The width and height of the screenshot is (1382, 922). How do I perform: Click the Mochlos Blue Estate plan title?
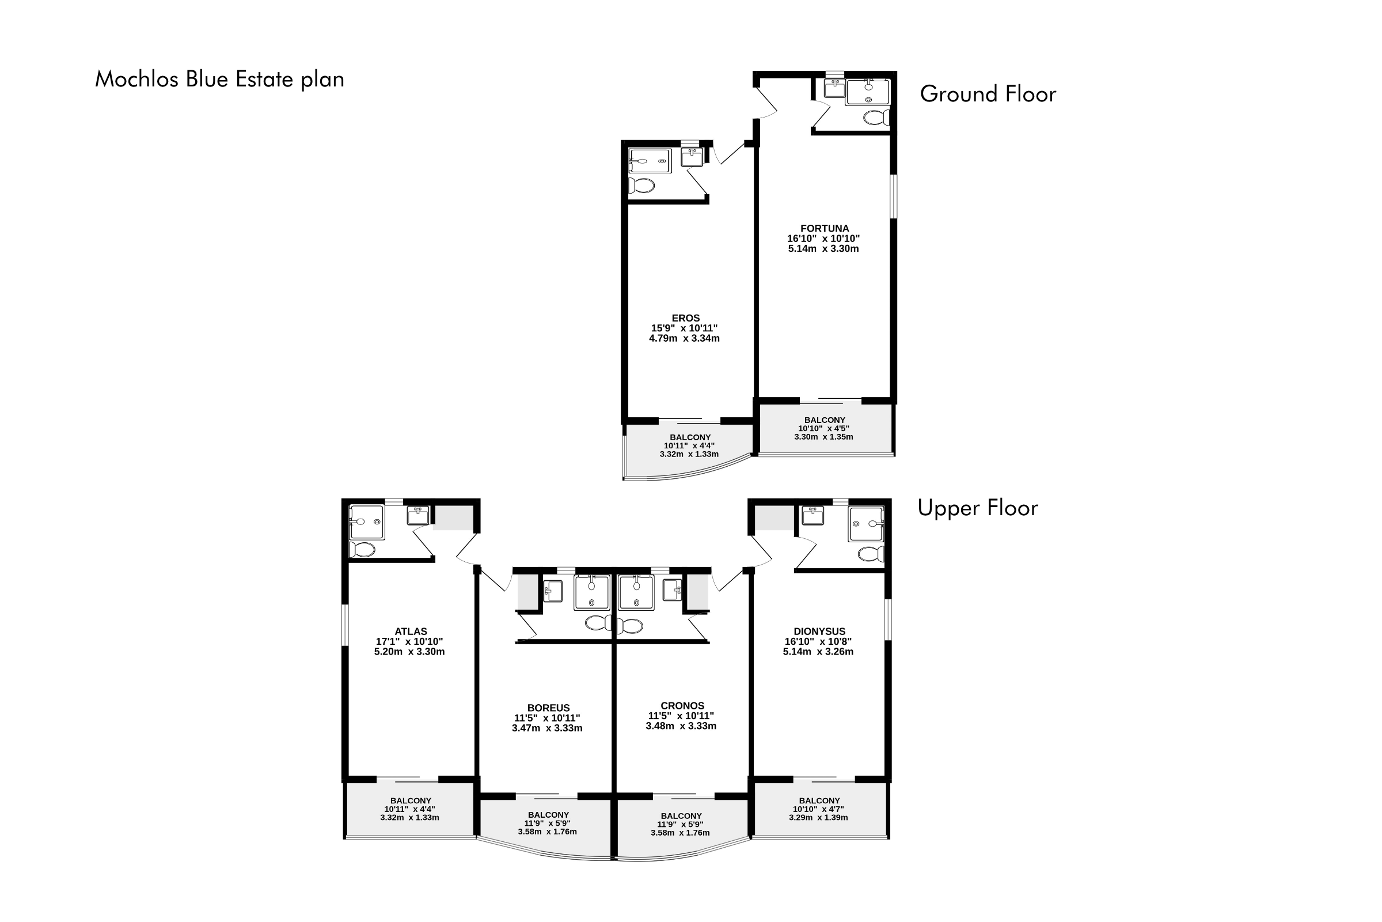[x=219, y=80]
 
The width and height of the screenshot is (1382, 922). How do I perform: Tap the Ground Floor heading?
[x=988, y=94]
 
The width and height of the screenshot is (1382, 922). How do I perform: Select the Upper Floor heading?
[x=978, y=508]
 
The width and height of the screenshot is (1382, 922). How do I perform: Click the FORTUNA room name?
[x=825, y=228]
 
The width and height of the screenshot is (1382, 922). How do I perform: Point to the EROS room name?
[x=686, y=318]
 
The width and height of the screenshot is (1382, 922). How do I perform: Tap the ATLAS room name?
[x=411, y=632]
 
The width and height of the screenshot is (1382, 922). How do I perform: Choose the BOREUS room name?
[x=548, y=708]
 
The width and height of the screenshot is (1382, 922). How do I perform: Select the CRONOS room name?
[x=682, y=705]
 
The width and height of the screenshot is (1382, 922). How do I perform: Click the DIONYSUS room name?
[x=819, y=632]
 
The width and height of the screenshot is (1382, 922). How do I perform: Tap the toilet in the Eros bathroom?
[x=641, y=186]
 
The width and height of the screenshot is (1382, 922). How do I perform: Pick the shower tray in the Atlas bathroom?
[x=367, y=522]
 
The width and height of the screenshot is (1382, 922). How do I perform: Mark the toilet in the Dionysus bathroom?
[x=871, y=554]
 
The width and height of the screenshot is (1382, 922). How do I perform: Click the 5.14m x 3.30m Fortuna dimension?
[x=823, y=249]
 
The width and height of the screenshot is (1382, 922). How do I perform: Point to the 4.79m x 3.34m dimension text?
[x=684, y=339]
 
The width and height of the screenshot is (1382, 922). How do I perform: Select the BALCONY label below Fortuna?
[x=825, y=420]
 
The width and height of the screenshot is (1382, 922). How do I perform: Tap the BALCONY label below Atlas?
[x=411, y=801]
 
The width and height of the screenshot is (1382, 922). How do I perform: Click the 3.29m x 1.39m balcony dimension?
[x=818, y=817]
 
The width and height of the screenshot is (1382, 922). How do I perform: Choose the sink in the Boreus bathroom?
[x=552, y=591]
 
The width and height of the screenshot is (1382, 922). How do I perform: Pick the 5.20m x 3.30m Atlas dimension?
[x=409, y=652]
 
